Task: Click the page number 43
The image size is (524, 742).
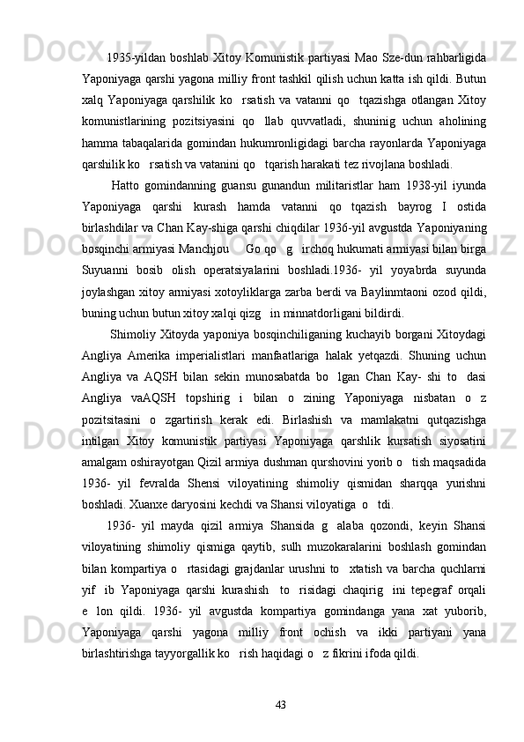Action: (x=280, y=703)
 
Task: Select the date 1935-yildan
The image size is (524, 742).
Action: (x=133, y=59)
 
